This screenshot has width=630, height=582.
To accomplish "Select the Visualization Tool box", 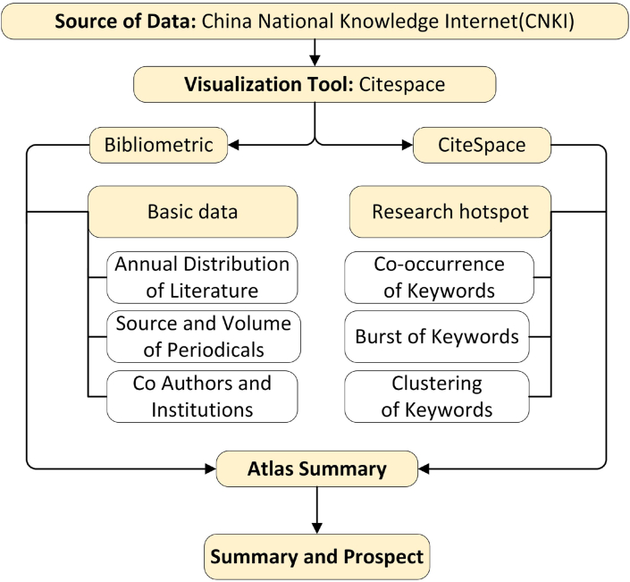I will pyautogui.click(x=315, y=86).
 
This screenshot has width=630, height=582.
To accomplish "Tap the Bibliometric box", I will pyautogui.click(x=157, y=145).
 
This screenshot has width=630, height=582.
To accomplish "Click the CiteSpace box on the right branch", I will pyautogui.click(x=482, y=145).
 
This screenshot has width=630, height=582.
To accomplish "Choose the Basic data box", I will pyautogui.click(x=191, y=212).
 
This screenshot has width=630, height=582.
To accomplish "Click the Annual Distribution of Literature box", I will pyautogui.click(x=202, y=277).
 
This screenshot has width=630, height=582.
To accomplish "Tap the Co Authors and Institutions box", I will pyautogui.click(x=202, y=397).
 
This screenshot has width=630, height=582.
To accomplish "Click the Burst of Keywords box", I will pyautogui.click(x=438, y=337).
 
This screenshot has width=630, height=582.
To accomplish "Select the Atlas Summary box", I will pyautogui.click(x=317, y=468).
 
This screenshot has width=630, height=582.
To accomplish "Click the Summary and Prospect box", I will pyautogui.click(x=316, y=557).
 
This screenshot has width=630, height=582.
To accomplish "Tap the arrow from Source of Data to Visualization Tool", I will pyautogui.click(x=315, y=53).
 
